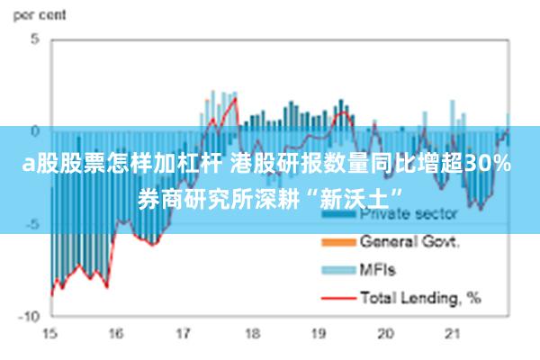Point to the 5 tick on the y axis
[x=35, y=40]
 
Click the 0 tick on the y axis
[x=35, y=131]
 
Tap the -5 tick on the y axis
[x=31, y=224]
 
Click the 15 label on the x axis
[x=49, y=334]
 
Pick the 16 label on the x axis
[x=116, y=334]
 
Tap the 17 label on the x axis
[x=184, y=334]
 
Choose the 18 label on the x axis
[x=251, y=334]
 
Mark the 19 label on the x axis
[x=319, y=334]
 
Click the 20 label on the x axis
[x=386, y=334]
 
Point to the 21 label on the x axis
[x=453, y=334]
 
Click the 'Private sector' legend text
[x=409, y=214]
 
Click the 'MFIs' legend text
[x=378, y=269]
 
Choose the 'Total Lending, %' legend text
[x=419, y=296]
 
